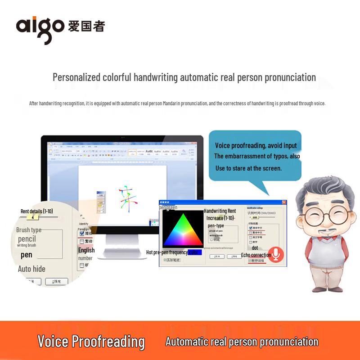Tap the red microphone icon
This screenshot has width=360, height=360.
pos(276,255)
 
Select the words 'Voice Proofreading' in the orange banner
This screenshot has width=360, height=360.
pos(91,342)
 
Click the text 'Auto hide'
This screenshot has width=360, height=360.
pos(31,269)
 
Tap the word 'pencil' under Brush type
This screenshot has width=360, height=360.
pos(27,238)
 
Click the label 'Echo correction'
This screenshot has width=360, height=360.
pos(256,255)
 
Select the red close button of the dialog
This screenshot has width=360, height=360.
pos(284,202)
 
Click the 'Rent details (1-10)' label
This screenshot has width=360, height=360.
pos(36,211)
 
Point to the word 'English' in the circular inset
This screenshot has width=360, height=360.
pos(86,250)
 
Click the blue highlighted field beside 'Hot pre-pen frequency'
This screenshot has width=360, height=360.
pos(194,252)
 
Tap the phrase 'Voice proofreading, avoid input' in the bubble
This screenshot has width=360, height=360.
pos(256,145)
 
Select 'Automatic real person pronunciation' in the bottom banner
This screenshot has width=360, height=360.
pos(242,342)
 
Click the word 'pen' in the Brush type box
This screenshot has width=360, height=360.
pos(27,255)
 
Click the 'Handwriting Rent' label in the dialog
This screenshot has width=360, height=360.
pos(220,211)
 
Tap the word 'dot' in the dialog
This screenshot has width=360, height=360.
pos(255,248)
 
